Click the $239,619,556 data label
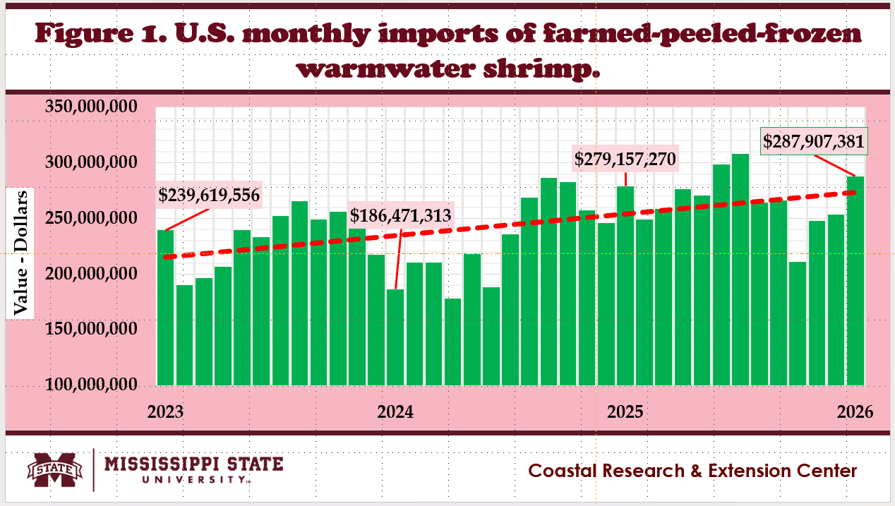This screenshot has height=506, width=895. (209, 195)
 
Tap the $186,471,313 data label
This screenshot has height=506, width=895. (400, 215)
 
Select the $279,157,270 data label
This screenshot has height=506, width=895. (626, 159)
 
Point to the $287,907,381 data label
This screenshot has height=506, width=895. (813, 141)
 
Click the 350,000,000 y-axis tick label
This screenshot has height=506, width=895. (101, 108)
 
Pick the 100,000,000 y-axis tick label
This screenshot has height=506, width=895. (101, 385)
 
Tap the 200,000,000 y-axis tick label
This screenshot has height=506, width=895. (101, 275)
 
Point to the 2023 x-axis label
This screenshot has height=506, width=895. (164, 411)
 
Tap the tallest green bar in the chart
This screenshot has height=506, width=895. (740, 269)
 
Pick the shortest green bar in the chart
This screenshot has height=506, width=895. (452, 342)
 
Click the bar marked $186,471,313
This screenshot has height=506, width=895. (395, 337)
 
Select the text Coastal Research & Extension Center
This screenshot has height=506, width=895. (693, 471)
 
